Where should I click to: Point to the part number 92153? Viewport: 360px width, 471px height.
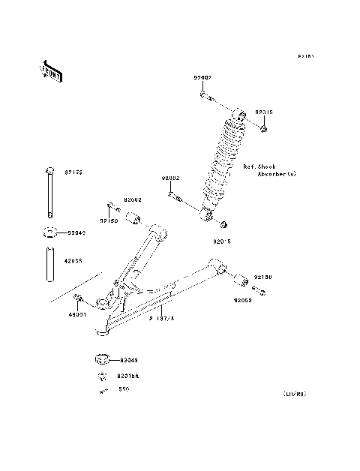pyautogui.click(x=73, y=172)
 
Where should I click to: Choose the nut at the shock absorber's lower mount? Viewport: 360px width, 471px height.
pyautogui.click(x=223, y=223)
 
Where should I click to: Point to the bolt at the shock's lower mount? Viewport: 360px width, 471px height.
pyautogui.click(x=175, y=196)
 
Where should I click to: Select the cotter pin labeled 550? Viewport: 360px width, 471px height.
pyautogui.click(x=100, y=391)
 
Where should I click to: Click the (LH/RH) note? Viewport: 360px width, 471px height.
pyautogui.click(x=295, y=393)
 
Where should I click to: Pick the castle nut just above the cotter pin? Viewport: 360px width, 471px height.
pyautogui.click(x=100, y=376)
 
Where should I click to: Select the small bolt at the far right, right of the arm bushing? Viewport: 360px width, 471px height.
pyautogui.click(x=257, y=289)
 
